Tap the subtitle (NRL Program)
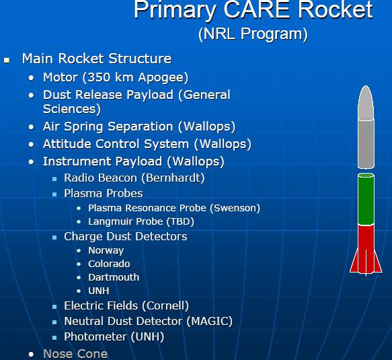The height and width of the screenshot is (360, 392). [253, 34]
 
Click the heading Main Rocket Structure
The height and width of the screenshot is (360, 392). [97, 59]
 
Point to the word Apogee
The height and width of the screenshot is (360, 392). [161, 78]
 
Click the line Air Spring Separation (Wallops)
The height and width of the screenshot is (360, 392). [139, 127]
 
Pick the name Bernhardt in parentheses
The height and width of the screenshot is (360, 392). [173, 178]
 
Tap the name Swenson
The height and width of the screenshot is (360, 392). [235, 208]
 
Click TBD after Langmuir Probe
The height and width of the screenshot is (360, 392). [180, 221]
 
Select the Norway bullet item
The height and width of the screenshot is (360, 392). [106, 250]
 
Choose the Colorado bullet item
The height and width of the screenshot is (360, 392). [109, 264]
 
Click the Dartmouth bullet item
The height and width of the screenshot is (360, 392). [114, 277]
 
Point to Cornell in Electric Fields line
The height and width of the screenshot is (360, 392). [165, 305]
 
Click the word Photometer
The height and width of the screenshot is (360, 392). [95, 336]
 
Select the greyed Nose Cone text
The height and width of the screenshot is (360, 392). [75, 354]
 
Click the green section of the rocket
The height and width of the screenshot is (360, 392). [366, 199]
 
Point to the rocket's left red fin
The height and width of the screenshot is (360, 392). [354, 264]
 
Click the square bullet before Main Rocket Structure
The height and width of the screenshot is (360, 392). [7, 60]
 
